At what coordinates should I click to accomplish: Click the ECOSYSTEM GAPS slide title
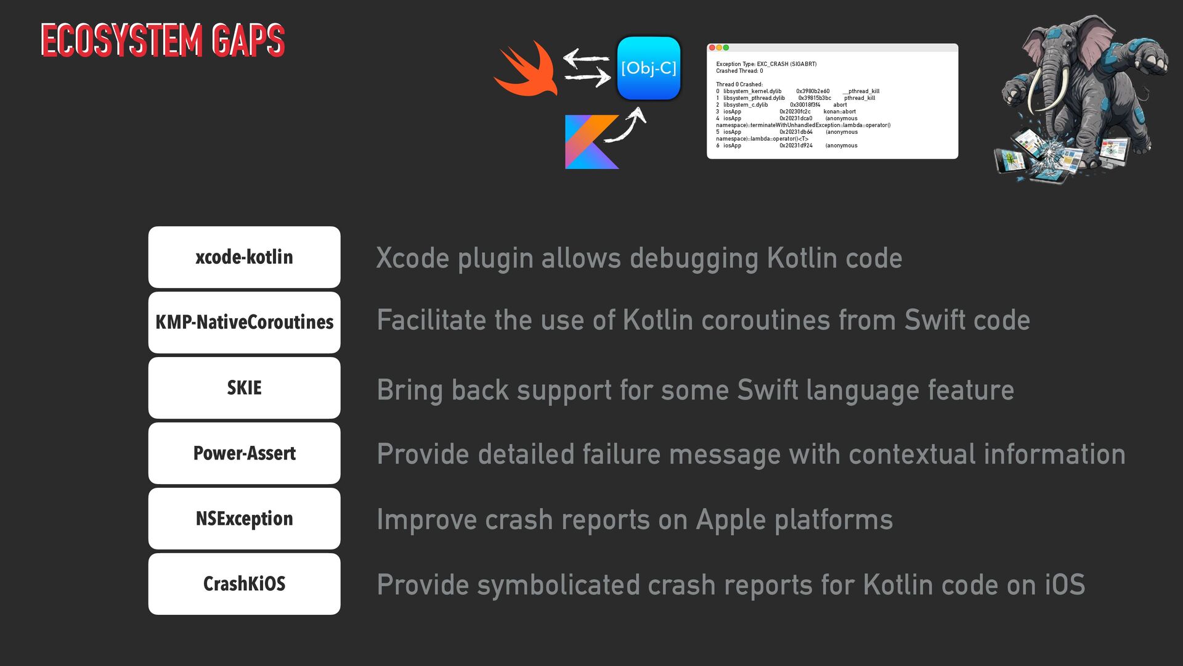[163, 40]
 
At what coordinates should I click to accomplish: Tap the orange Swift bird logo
[527, 69]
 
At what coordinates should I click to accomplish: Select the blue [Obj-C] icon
[648, 68]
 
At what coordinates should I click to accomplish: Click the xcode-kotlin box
[244, 257]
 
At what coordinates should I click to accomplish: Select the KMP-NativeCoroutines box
[244, 323]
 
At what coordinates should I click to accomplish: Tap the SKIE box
[244, 388]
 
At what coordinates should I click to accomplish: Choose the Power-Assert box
[244, 453]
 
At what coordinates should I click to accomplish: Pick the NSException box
[244, 519]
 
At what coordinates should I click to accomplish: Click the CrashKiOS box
[244, 584]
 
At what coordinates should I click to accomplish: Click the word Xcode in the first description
[412, 258]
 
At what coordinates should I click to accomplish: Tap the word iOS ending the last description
[1064, 585]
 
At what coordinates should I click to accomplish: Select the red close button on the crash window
[712, 47]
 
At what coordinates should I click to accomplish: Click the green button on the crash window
[726, 47]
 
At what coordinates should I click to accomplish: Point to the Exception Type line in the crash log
[766, 64]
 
